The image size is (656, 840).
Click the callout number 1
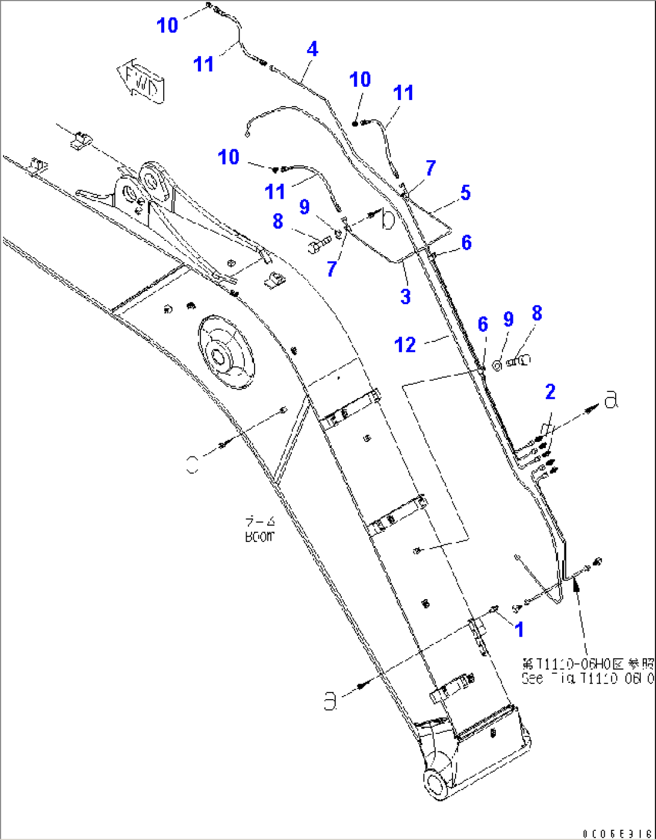tap(519, 629)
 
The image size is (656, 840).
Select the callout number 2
tap(550, 392)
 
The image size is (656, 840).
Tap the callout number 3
tap(406, 296)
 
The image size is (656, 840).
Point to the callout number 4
tap(312, 49)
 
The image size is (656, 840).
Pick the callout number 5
tap(465, 193)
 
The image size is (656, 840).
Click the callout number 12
tap(405, 345)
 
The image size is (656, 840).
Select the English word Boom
tap(259, 537)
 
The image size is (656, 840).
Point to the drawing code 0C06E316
tap(617, 833)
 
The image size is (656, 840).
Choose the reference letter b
tap(388, 220)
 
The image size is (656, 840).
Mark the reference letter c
tap(192, 464)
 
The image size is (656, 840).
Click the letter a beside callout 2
tap(611, 400)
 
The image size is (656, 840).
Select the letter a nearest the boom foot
tap(330, 702)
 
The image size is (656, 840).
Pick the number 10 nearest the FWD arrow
tap(167, 25)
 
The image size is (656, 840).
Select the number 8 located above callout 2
tap(537, 313)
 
